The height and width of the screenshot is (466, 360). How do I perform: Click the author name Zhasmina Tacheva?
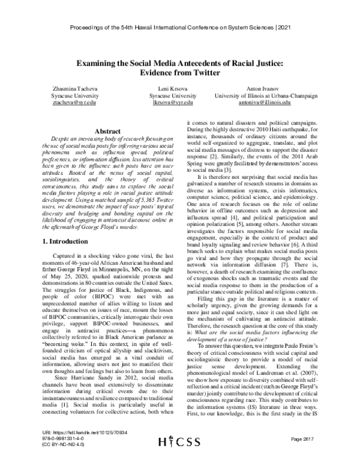click(67, 89)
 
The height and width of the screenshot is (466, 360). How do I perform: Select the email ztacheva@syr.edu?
click(67, 103)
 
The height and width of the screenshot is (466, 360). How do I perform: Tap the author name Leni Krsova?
click(173, 89)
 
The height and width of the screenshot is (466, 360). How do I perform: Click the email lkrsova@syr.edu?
click(173, 103)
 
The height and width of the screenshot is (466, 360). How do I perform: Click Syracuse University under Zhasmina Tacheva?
click(67, 96)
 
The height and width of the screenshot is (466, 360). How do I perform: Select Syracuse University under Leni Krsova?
click(173, 96)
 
